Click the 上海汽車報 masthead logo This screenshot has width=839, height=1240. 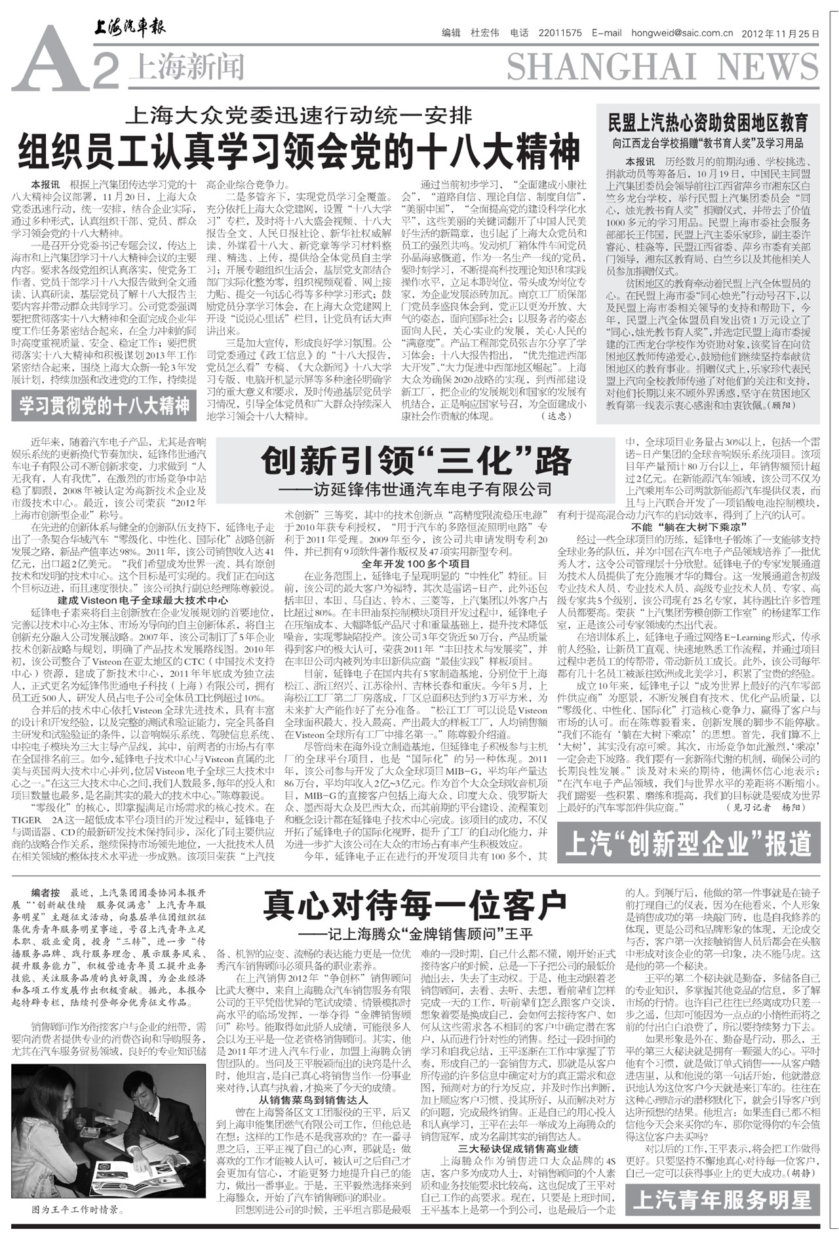pyautogui.click(x=130, y=28)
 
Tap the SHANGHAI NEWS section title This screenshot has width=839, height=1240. pyautogui.click(x=662, y=68)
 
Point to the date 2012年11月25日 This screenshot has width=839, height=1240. pyautogui.click(x=780, y=33)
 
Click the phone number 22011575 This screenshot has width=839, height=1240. pyautogui.click(x=560, y=33)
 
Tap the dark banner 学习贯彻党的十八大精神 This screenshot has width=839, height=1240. pyautogui.click(x=104, y=406)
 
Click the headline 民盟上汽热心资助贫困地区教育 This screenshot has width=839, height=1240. pyautogui.click(x=708, y=123)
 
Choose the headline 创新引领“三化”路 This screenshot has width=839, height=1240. pyautogui.click(x=416, y=461)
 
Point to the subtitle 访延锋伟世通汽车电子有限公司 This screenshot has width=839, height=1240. pyautogui.click(x=416, y=489)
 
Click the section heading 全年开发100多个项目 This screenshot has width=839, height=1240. pyautogui.click(x=416, y=564)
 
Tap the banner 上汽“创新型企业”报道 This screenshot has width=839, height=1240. pyautogui.click(x=688, y=844)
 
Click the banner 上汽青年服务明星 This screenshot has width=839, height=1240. pyautogui.click(x=722, y=1199)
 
